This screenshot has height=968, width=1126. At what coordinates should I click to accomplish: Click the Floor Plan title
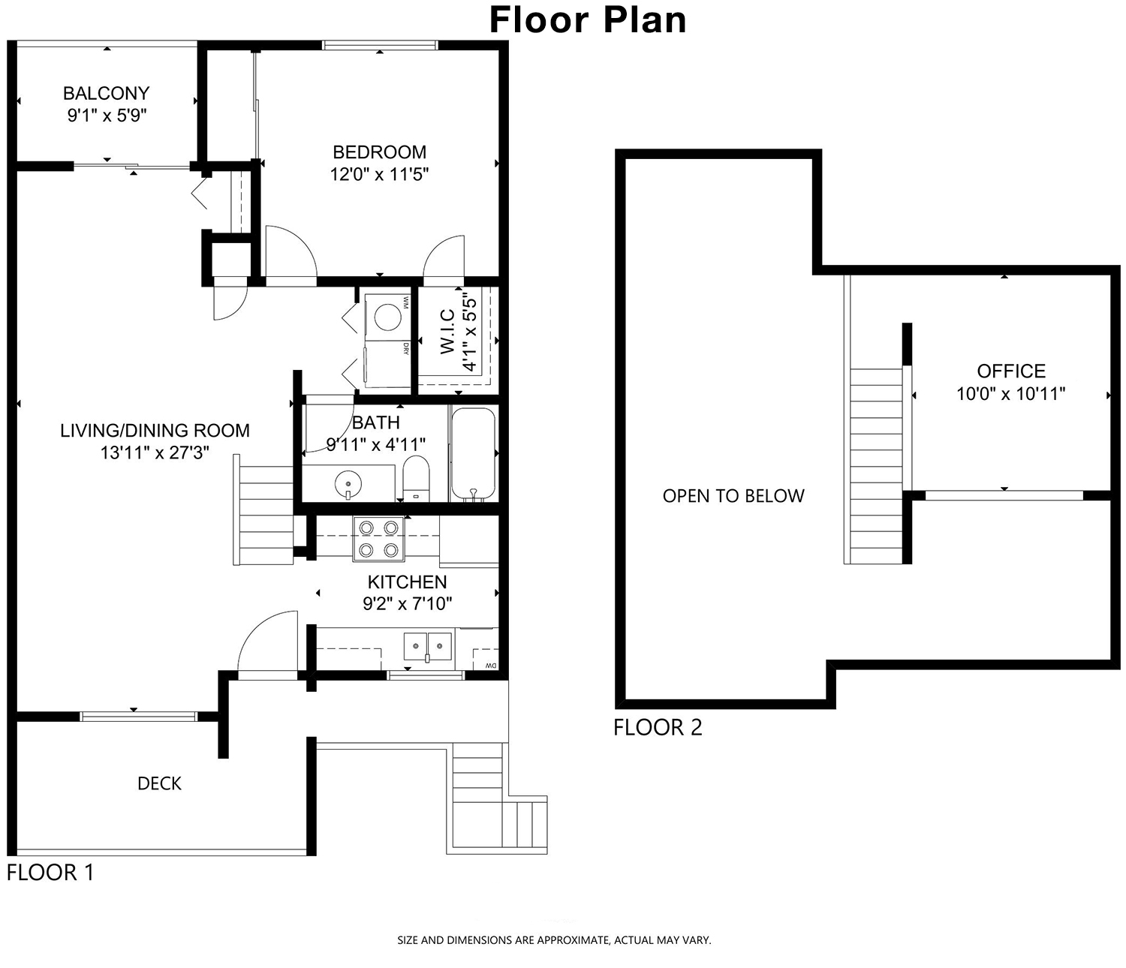coord(588,20)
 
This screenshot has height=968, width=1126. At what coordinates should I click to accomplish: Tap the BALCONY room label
coord(107,94)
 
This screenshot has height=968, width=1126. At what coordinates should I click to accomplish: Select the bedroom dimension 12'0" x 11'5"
coord(380,174)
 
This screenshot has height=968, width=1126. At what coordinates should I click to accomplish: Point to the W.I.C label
coord(447,332)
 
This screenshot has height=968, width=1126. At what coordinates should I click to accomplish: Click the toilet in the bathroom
coord(416,479)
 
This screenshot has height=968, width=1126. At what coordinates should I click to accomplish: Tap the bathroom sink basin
coord(348,483)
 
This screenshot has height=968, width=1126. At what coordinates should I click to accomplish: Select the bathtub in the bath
coord(473,454)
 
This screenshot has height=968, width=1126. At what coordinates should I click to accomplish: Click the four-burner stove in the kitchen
coord(378,539)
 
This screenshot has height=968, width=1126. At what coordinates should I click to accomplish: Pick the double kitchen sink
coord(428,646)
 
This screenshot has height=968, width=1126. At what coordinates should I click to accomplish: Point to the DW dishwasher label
coord(491,666)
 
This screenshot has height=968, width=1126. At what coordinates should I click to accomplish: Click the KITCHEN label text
coord(407,582)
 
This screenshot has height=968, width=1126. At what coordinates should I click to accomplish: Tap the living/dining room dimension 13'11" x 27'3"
coord(155,452)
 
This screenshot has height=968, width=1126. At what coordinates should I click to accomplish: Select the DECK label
coord(159,783)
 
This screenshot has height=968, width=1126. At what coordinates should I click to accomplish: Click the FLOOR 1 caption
coord(50,872)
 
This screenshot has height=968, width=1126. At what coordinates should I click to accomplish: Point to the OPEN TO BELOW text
coord(733,496)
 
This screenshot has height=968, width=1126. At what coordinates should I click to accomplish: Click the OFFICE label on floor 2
coord(1011,371)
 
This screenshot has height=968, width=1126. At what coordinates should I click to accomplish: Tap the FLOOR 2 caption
coord(658,727)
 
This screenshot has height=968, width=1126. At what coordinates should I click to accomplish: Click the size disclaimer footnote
coord(554,939)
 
